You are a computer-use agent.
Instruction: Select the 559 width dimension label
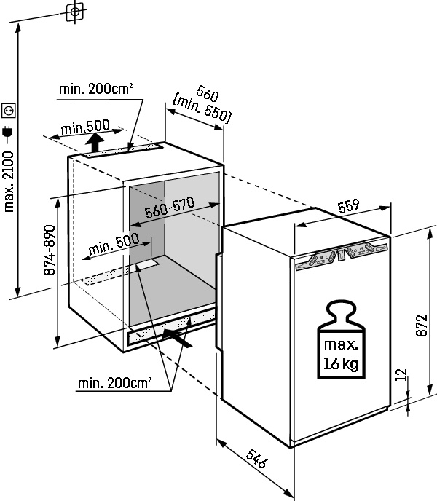(349, 207)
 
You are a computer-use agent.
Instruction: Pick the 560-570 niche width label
(169, 210)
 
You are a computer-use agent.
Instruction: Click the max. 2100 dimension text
(9, 183)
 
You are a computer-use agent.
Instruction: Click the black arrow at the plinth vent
(178, 335)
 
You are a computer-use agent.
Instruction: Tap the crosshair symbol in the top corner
(74, 11)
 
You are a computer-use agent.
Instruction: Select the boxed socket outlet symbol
(9, 109)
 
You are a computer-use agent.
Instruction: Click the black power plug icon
(9, 132)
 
